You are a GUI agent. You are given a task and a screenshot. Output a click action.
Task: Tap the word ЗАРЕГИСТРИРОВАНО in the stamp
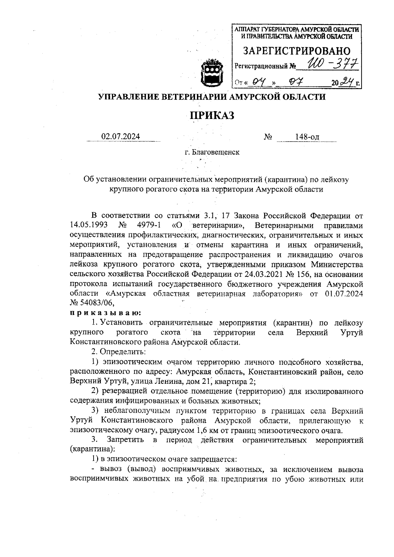296,51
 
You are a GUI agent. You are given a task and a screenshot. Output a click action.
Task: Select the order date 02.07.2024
121,137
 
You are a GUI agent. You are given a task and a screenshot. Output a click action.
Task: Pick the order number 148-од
307,137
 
